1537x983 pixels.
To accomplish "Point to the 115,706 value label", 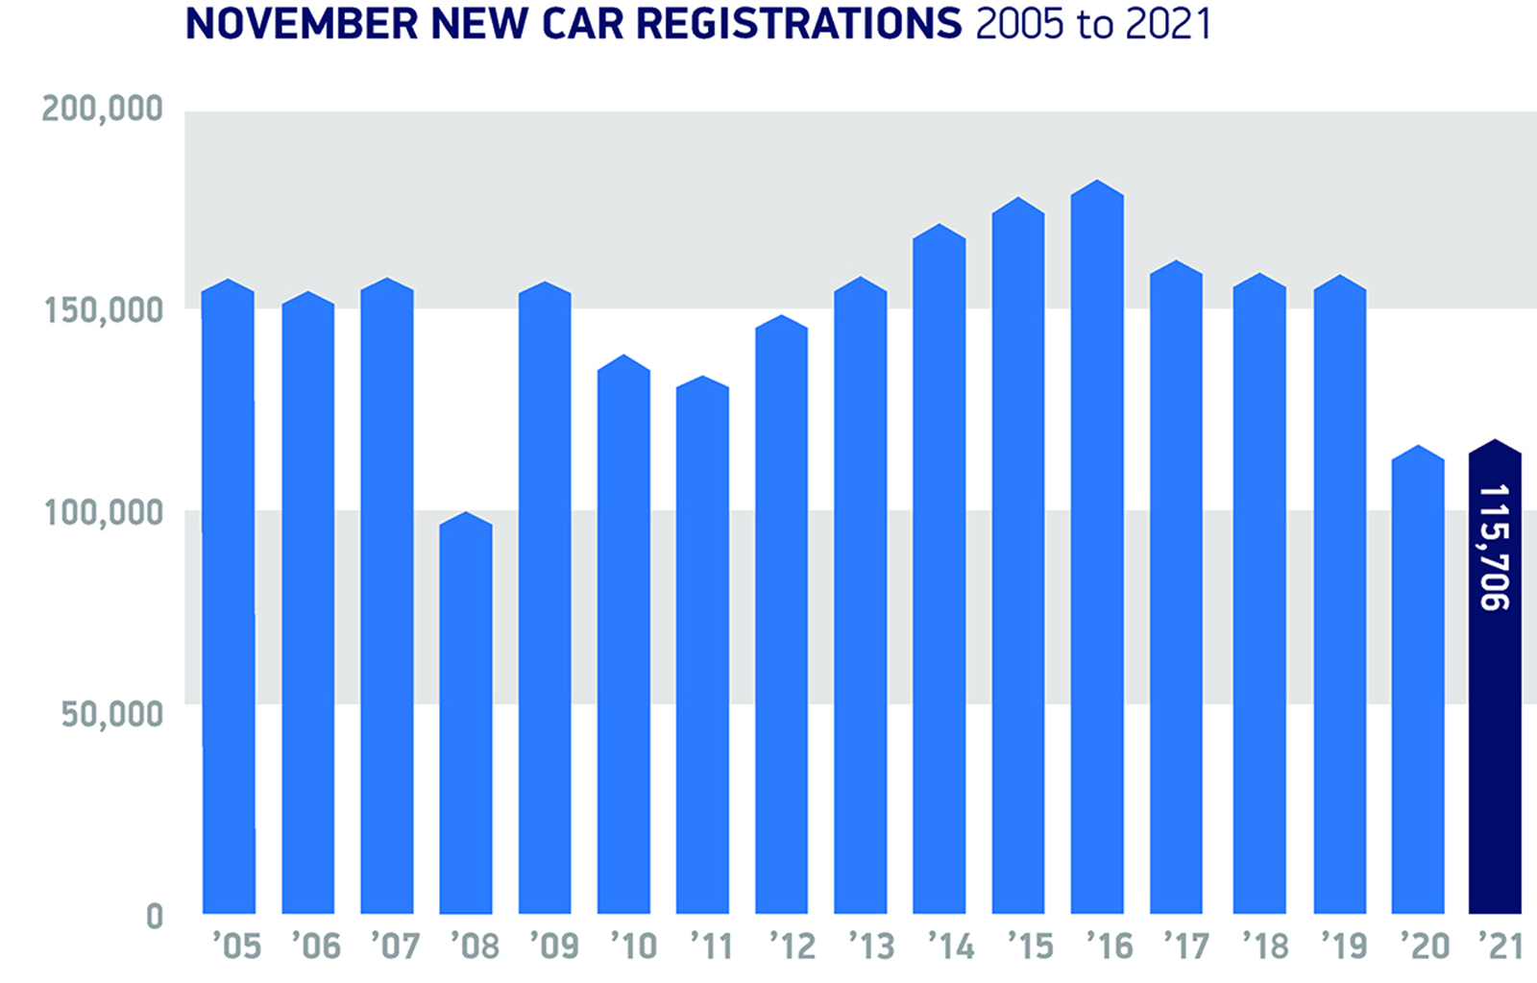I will click(1495, 547).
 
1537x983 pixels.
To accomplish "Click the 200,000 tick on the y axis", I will click(102, 110).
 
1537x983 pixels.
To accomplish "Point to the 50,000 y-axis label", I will click(112, 715).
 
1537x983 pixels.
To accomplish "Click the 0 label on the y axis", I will click(155, 917).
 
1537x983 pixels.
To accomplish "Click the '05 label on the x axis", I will click(236, 947).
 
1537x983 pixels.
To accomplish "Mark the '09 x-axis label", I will click(553, 947).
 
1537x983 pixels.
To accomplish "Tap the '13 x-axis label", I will click(871, 947).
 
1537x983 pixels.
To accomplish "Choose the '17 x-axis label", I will click(1186, 947).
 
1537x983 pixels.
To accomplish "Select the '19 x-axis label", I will click(1344, 947).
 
